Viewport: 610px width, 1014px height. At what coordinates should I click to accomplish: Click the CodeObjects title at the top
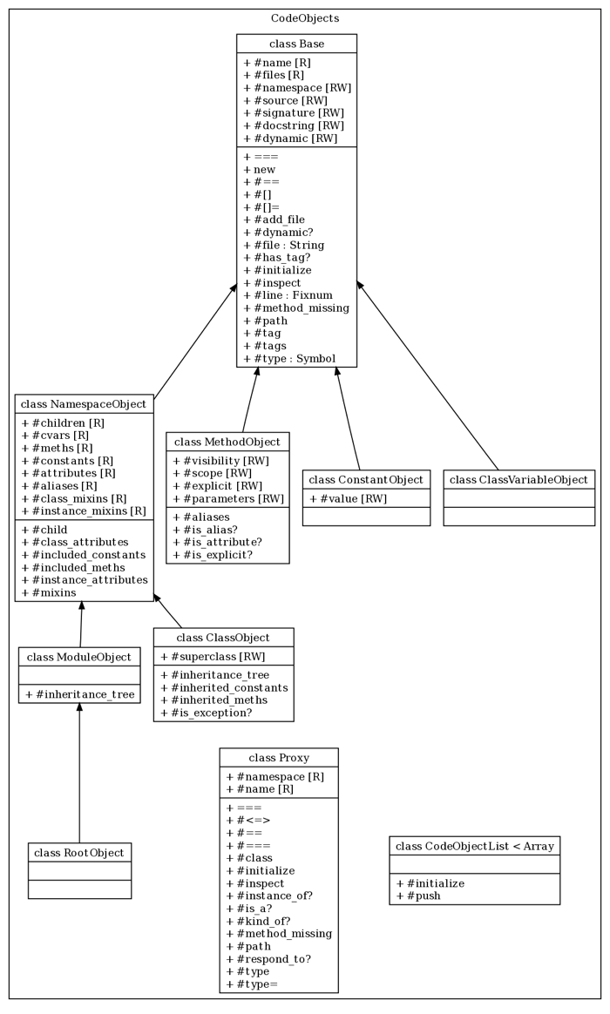pos(305,17)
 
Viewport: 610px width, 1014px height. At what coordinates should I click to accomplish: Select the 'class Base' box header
pos(296,44)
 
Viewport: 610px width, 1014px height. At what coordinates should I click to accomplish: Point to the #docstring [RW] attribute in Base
pos(293,125)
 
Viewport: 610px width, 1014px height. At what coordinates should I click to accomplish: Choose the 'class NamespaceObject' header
pos(84,404)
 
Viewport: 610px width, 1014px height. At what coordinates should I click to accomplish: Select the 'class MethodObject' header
pos(227,442)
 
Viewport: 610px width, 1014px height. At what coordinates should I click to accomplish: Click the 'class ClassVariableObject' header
pos(519,479)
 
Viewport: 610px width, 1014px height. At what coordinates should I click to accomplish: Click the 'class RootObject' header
pos(79,852)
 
